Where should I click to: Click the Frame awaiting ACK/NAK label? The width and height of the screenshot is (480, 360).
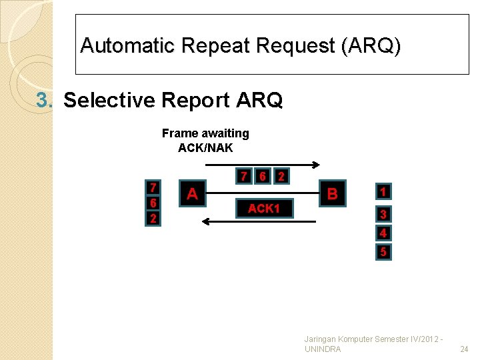pos(205,141)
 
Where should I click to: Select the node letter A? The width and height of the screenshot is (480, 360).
pos(192,194)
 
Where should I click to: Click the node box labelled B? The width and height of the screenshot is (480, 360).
pos(333,194)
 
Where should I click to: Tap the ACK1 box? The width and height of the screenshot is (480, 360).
pos(263,209)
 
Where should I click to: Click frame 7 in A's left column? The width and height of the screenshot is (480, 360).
pos(153,187)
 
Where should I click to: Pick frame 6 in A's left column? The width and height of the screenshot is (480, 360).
pos(153,203)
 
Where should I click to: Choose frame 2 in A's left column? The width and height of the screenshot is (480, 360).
pos(153,219)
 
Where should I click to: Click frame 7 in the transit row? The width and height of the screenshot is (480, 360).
pos(245,177)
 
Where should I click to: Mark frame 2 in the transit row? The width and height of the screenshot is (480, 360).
pos(282,177)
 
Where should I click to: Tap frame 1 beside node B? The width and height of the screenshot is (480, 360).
pos(383,192)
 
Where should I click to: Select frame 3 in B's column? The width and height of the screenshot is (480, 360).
pos(383,215)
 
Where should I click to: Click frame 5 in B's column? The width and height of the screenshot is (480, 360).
pos(383,252)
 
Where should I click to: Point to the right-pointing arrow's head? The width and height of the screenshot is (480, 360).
pos(317,165)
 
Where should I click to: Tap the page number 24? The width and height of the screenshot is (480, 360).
pos(464,349)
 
